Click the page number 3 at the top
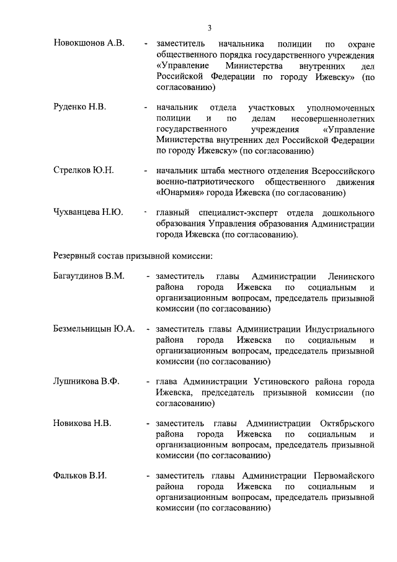[x=210, y=27]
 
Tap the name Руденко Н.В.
[x=80, y=107]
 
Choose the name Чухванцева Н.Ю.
[x=88, y=212]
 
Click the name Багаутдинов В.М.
[x=89, y=276]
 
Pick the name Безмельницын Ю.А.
[x=94, y=329]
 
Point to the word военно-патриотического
[x=208, y=181]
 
